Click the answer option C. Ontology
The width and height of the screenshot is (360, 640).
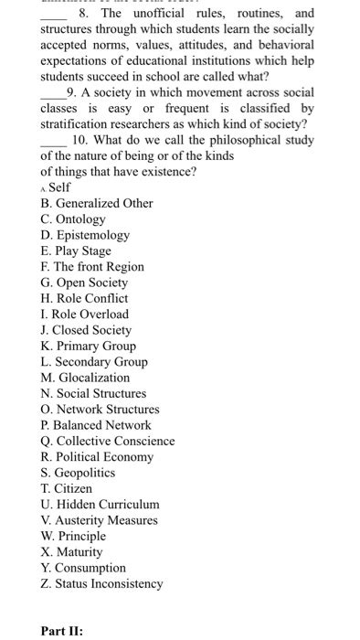[73, 219]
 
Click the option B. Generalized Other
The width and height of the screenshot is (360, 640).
[97, 203]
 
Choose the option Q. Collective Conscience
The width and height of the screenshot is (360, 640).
[108, 441]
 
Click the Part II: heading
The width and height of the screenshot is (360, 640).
[62, 631]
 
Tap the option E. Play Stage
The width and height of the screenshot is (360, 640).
[76, 251]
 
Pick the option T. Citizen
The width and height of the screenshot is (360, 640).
[67, 488]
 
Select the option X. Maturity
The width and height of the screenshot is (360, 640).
[71, 552]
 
